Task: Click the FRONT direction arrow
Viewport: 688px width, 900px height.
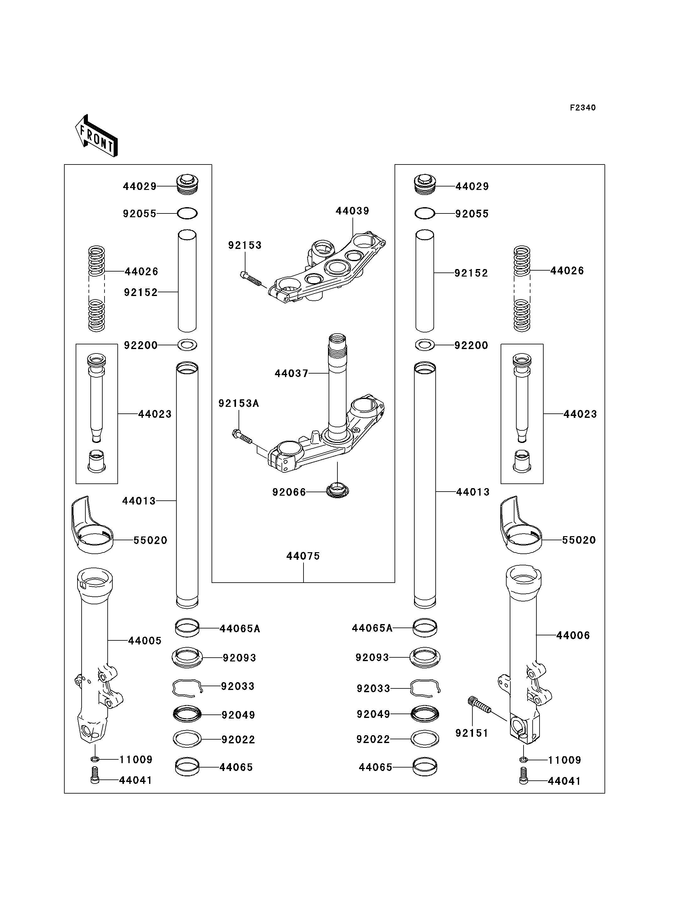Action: pos(97,137)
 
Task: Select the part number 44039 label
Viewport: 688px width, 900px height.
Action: pos(352,211)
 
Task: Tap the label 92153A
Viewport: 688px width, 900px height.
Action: pos(239,403)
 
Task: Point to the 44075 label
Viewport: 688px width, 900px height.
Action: pos(303,556)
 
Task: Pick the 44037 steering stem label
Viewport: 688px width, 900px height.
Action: pos(291,373)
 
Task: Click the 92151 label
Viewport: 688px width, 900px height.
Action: pos(472,733)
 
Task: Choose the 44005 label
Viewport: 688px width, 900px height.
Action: pos(145,641)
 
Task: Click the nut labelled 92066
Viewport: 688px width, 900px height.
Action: pos(337,490)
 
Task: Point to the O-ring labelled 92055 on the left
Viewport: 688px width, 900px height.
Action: pos(187,213)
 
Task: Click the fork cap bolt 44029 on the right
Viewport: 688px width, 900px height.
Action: pos(425,185)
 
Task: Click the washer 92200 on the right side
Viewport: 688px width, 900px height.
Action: pos(425,345)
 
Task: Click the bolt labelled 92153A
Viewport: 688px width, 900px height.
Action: pos(242,437)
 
